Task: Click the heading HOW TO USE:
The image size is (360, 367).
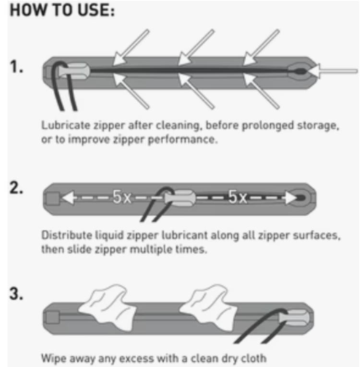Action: [x=62, y=10]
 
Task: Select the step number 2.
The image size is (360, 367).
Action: [x=16, y=188]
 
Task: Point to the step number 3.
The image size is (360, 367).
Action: [x=16, y=294]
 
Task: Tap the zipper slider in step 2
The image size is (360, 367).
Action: [x=180, y=198]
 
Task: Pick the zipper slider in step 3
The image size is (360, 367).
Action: [x=294, y=318]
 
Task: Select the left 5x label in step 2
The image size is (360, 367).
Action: [x=122, y=197]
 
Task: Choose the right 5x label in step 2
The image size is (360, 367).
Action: [x=237, y=196]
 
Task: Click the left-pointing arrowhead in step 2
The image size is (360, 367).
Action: [x=68, y=198]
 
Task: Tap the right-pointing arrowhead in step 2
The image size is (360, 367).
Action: [x=291, y=198]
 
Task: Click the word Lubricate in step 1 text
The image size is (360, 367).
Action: [x=66, y=125]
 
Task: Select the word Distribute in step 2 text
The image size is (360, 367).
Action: [x=67, y=235]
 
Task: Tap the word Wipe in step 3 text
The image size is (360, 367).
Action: [x=54, y=358]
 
